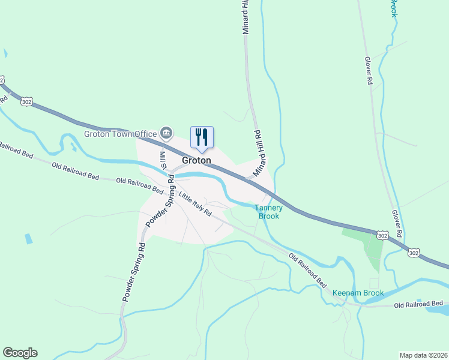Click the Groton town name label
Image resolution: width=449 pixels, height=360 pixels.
[197, 161]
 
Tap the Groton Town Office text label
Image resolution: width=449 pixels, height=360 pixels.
[120, 134]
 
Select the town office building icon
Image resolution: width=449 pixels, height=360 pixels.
[167, 133]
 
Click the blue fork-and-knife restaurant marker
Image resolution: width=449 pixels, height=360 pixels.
[202, 137]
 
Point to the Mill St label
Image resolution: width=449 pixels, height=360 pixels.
[162, 160]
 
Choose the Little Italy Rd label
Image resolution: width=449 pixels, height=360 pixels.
[195, 204]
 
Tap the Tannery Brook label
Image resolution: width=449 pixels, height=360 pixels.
[268, 212]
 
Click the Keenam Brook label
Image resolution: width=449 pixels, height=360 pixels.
[358, 293]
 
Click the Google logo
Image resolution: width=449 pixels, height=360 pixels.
[20, 353]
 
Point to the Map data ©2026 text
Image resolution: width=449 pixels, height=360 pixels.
[423, 355]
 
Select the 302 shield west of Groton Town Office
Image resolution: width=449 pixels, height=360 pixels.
[26, 102]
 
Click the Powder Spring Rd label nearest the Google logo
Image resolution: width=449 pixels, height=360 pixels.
[134, 271]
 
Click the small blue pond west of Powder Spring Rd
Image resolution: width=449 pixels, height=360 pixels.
[29, 238]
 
